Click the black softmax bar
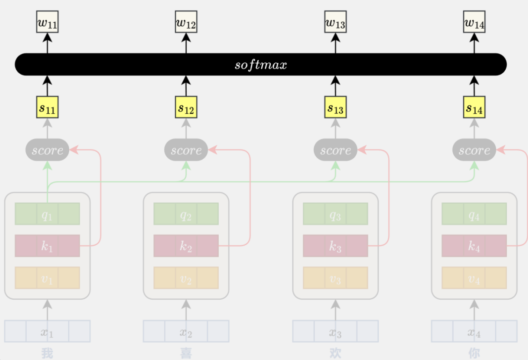261,65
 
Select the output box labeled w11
48,22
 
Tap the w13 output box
335,22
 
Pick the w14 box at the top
474,22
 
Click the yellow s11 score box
48,107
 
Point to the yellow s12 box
186,107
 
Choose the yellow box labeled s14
474,107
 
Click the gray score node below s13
336,150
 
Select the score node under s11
48,150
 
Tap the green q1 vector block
48,214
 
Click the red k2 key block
186,246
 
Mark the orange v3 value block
336,278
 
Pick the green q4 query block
474,214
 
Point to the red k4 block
474,246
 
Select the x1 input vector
48,331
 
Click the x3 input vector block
336,331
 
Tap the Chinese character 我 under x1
48,354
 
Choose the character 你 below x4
474,354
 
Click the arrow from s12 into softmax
186,86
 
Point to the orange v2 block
186,278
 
